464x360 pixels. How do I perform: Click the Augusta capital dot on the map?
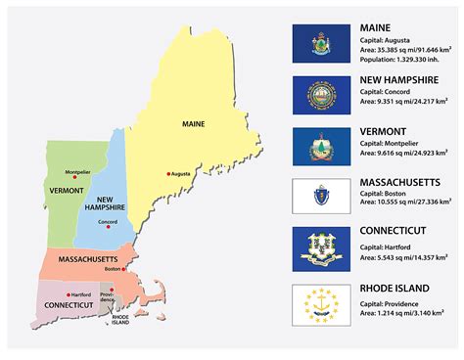click(168, 174)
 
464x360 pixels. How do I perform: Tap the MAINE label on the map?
click(194, 125)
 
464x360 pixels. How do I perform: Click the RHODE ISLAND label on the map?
click(121, 320)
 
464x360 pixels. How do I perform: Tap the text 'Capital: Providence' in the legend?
click(388, 303)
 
